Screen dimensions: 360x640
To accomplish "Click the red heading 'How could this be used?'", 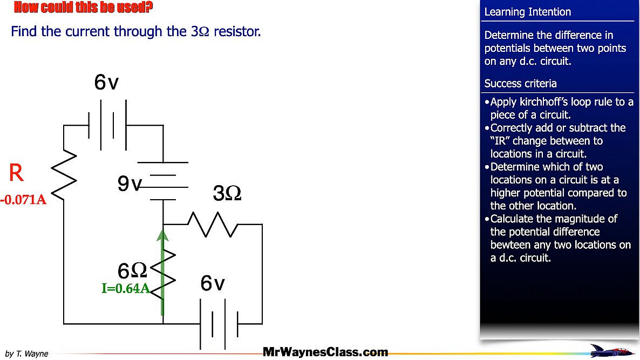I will [x=83, y=7].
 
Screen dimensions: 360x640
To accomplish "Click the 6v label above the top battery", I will [x=106, y=82].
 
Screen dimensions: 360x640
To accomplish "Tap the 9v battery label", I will [x=130, y=185].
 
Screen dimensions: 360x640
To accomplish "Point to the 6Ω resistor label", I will [x=132, y=270].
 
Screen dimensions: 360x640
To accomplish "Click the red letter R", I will [x=17, y=173].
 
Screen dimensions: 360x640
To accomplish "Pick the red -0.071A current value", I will [x=24, y=200].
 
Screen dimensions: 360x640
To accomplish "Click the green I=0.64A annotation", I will [x=126, y=288].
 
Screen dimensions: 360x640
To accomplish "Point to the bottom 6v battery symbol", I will [x=219, y=324].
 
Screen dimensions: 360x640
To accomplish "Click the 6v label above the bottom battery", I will [x=213, y=283].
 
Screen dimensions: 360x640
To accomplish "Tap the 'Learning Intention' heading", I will [x=527, y=12].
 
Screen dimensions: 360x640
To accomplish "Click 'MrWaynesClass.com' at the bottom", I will [x=325, y=352].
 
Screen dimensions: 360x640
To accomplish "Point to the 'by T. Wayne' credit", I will [x=26, y=354].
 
